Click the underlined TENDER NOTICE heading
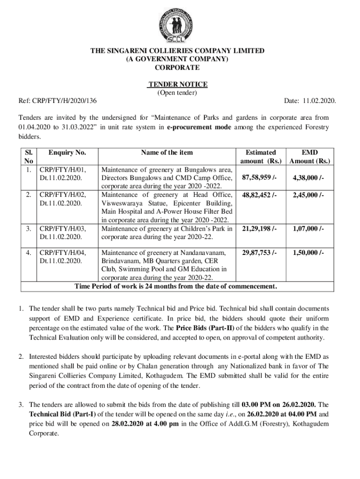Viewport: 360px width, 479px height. pyautogui.click(x=178, y=84)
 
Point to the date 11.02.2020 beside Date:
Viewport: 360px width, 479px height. pyautogui.click(x=320, y=101)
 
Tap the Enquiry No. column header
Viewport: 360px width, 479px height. pyautogui.click(x=67, y=152)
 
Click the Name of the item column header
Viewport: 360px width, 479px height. pyautogui.click(x=167, y=152)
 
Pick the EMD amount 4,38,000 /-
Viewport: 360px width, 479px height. pyautogui.click(x=309, y=178)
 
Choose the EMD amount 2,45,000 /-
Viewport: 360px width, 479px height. pyautogui.click(x=309, y=195)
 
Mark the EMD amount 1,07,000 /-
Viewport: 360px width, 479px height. pyautogui.click(x=309, y=228)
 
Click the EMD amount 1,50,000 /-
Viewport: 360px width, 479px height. pyautogui.click(x=309, y=253)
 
